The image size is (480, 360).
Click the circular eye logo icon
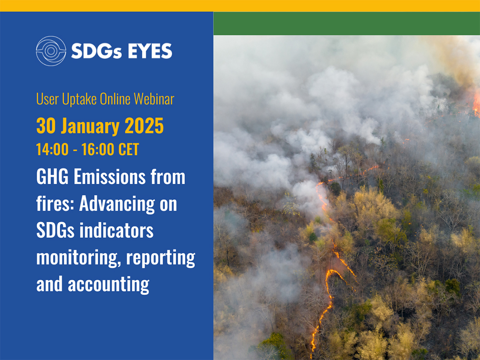(x=51, y=51)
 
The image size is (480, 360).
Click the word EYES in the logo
(x=150, y=51)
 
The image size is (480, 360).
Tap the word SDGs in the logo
(x=96, y=51)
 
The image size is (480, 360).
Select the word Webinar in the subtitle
(x=154, y=99)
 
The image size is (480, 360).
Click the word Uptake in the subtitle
(x=79, y=99)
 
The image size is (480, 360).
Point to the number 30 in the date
(x=46, y=126)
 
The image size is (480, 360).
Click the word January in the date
(x=90, y=127)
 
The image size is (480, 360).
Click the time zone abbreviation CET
(x=129, y=149)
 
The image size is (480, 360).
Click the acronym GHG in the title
(x=52, y=177)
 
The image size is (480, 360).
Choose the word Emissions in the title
(x=110, y=177)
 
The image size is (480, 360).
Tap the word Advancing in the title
(x=117, y=205)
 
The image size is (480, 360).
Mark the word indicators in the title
(x=117, y=230)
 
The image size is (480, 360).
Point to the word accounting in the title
(x=108, y=285)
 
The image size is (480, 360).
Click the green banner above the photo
(x=346, y=24)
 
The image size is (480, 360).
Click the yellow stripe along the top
(x=240, y=6)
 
